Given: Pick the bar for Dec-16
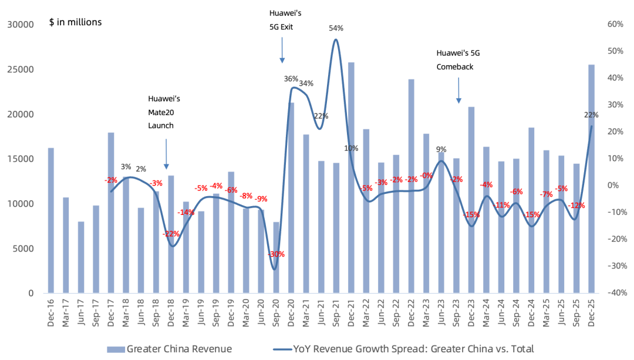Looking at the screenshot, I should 50,220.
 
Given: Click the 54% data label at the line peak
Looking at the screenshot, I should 336,28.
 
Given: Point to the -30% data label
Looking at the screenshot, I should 275,254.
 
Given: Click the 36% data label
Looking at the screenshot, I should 291,79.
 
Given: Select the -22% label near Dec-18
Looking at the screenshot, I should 171,234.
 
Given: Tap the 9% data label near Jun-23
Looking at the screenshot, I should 441,149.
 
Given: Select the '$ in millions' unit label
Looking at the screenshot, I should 75,22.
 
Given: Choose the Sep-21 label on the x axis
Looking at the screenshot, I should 336,312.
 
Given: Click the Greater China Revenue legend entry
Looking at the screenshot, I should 170,349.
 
